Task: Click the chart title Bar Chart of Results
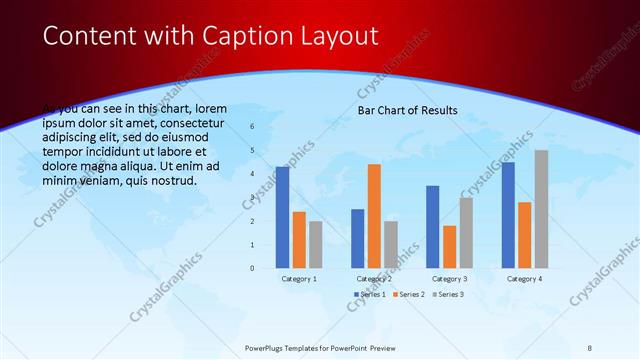(407, 110)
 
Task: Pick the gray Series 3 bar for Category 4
(541, 209)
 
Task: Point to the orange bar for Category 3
(449, 246)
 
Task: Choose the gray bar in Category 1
(316, 244)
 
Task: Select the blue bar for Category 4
(508, 215)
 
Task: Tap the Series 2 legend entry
(409, 294)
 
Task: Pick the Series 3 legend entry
(449, 294)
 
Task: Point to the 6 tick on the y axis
(252, 127)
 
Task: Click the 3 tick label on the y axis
(252, 198)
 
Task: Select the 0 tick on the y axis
(252, 268)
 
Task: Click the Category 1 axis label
(299, 279)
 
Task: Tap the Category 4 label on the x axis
(524, 279)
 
